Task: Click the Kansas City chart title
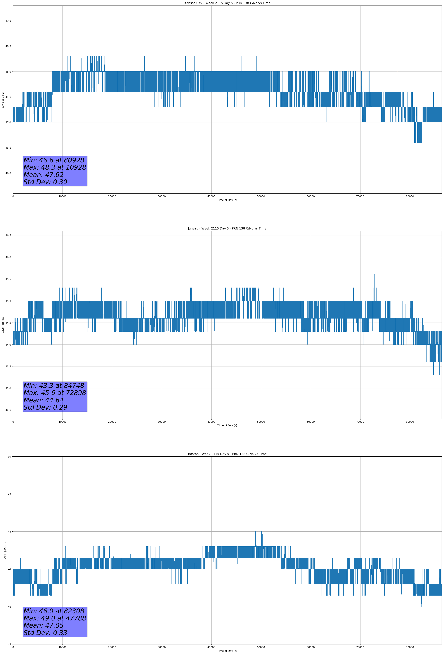[227, 3]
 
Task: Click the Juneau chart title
[227, 229]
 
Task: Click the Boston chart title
[227, 454]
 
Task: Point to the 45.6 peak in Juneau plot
[374, 275]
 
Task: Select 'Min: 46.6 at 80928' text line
[54, 160]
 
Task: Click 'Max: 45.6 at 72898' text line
[55, 393]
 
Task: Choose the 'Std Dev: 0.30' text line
[45, 182]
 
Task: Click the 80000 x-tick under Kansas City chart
[410, 196]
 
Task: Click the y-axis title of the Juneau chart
[3, 325]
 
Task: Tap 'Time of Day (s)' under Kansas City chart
[227, 200]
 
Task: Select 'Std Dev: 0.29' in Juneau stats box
[45, 408]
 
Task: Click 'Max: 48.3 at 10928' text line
[55, 167]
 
